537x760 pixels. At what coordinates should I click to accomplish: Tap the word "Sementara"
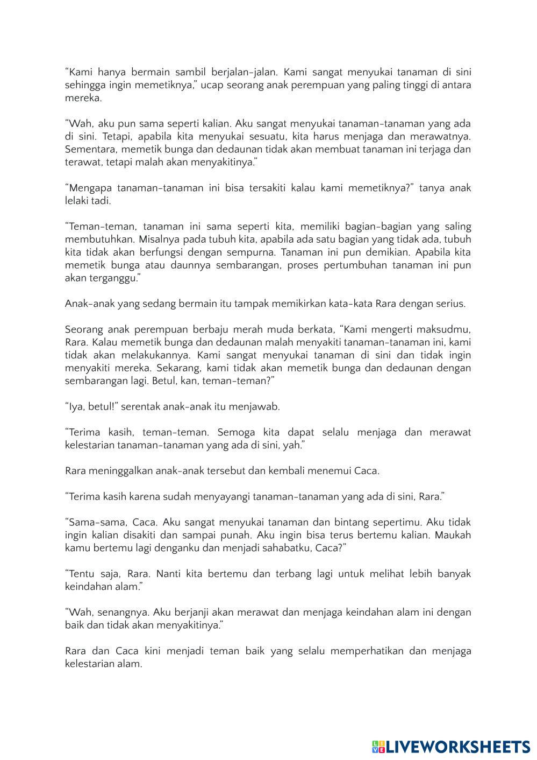coord(89,150)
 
